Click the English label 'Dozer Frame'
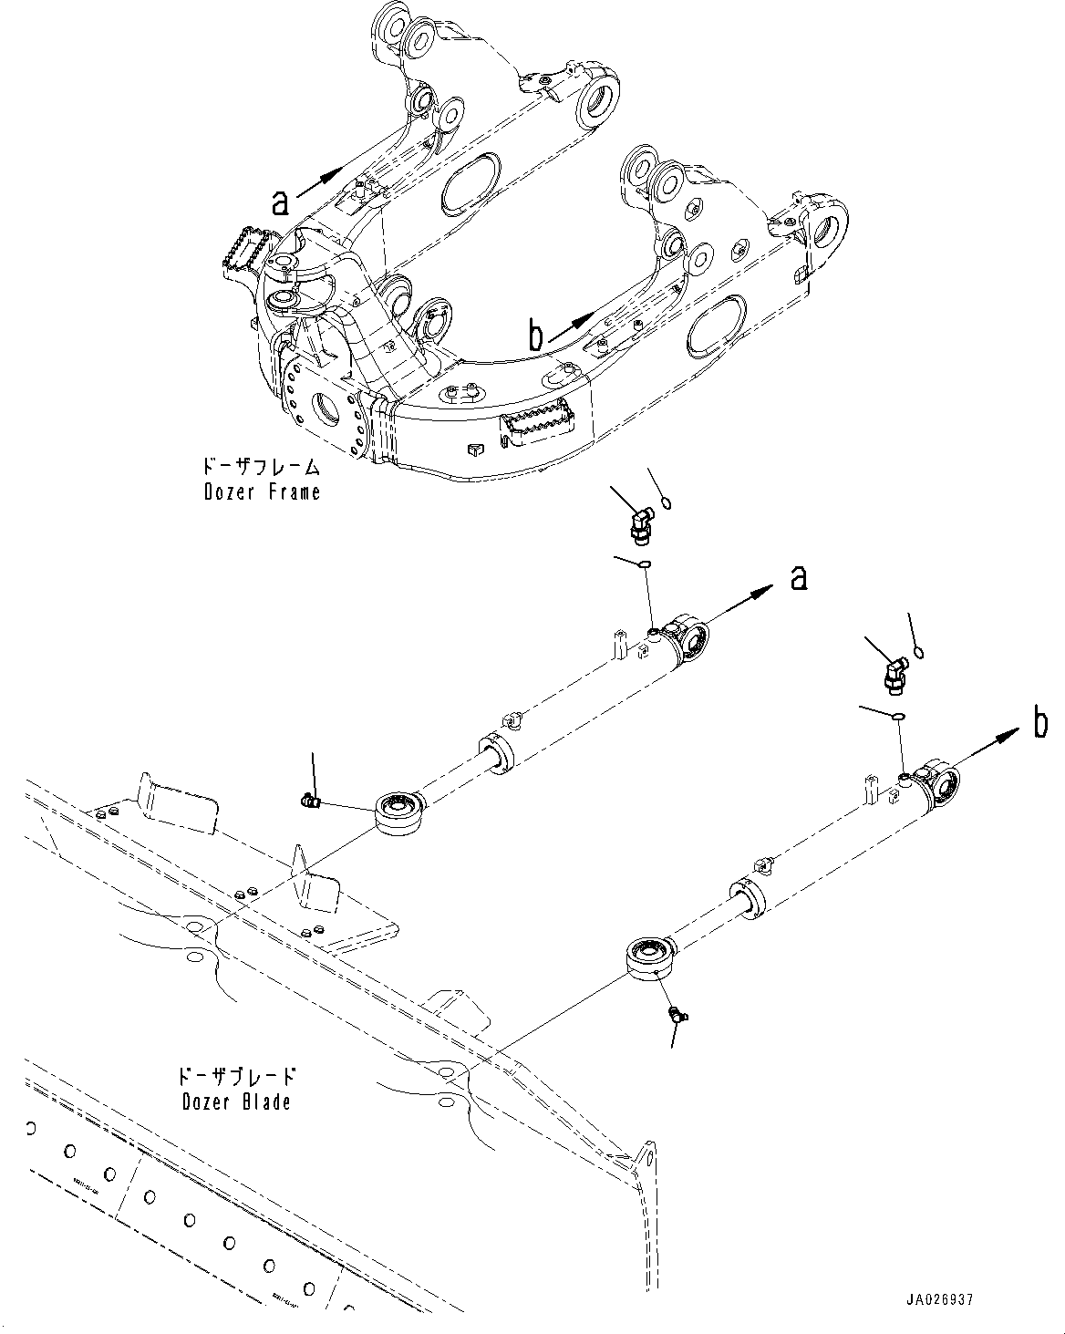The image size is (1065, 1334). click(262, 492)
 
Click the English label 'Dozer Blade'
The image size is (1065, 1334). click(236, 1101)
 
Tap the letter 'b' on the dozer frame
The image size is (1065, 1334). click(537, 336)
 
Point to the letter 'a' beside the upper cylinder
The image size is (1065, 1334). click(799, 577)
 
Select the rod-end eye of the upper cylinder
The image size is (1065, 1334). click(398, 808)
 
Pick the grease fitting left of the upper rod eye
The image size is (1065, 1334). click(310, 801)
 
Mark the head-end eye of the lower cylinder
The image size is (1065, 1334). click(939, 783)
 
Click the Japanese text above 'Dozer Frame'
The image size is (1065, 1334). click(262, 469)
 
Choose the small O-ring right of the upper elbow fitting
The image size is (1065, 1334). click(667, 501)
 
